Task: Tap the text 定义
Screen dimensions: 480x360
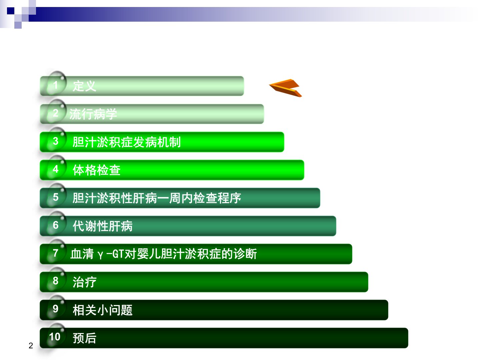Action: (x=84, y=86)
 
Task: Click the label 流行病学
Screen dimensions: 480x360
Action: (x=93, y=114)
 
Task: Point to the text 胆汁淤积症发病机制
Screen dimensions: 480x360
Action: (x=127, y=142)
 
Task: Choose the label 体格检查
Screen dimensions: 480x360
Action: (x=96, y=170)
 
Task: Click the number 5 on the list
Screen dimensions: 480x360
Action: (x=56, y=197)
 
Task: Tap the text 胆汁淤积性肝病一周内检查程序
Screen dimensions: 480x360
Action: (x=157, y=198)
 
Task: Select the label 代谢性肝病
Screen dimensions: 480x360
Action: (x=103, y=226)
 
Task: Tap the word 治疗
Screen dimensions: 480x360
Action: (x=84, y=282)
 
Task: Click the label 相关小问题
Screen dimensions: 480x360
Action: (x=103, y=310)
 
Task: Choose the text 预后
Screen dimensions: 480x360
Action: (x=84, y=338)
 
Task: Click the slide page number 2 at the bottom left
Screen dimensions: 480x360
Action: (x=31, y=346)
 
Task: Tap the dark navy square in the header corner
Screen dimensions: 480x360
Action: (x=11, y=11)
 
